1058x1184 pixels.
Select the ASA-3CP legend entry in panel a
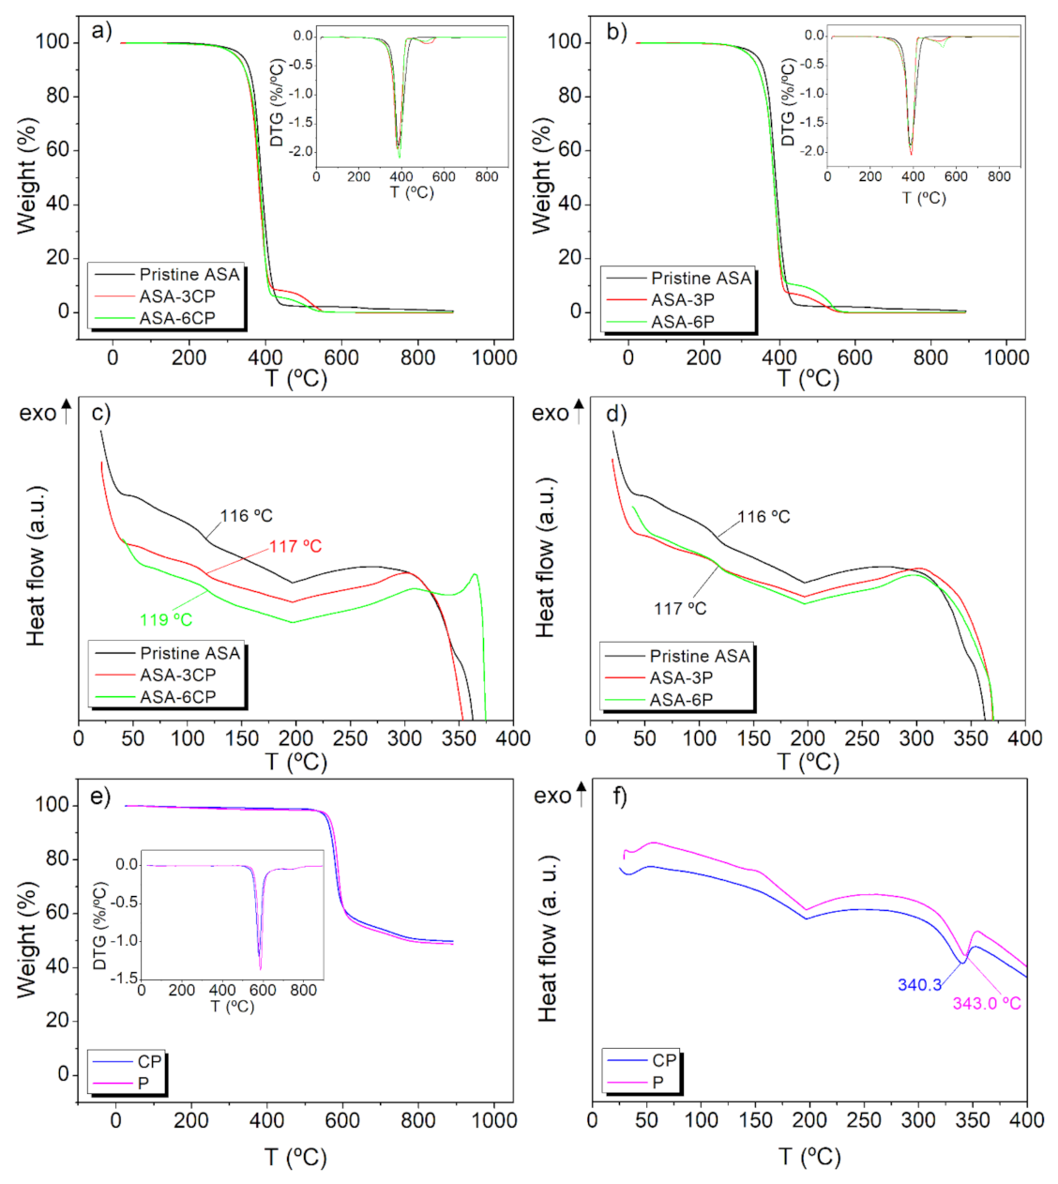pyautogui.click(x=177, y=296)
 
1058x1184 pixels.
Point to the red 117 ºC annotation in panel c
pyautogui.click(x=295, y=546)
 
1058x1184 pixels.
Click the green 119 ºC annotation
pyautogui.click(x=166, y=619)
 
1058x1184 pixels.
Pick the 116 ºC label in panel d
pyautogui.click(x=763, y=517)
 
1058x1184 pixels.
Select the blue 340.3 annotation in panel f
pyautogui.click(x=919, y=985)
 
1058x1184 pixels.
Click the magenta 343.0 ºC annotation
pyautogui.click(x=987, y=1004)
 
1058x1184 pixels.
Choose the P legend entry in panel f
pyautogui.click(x=657, y=1083)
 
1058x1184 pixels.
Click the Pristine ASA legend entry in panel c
pyautogui.click(x=189, y=653)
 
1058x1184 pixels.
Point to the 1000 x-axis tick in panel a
pyautogui.click(x=493, y=357)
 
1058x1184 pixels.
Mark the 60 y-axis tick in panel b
pyautogui.click(x=569, y=150)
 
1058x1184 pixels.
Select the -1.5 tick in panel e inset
pyautogui.click(x=123, y=978)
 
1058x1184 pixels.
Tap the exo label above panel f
pyautogui.click(x=552, y=796)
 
